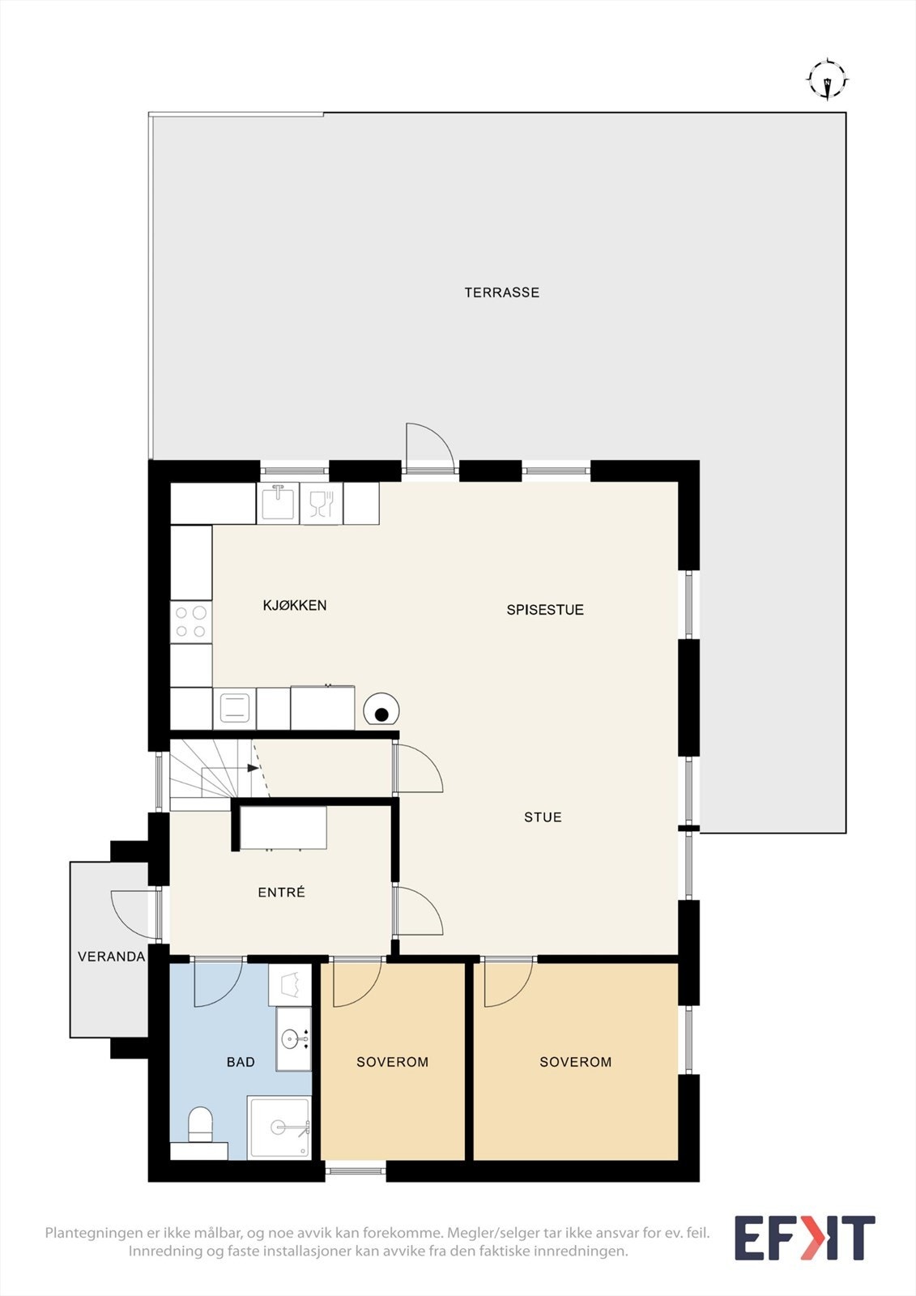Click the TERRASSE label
[501, 292]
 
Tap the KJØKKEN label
[295, 605]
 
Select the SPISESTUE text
[545, 610]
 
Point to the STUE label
[543, 817]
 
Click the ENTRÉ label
[281, 892]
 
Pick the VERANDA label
[111, 957]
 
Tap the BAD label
[241, 1062]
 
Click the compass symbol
[828, 80]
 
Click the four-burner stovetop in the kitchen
[190, 621]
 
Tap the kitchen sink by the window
[278, 503]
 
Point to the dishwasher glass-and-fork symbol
[322, 503]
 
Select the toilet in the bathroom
[200, 1126]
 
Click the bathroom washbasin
[293, 1038]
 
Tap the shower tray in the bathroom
[279, 1127]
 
